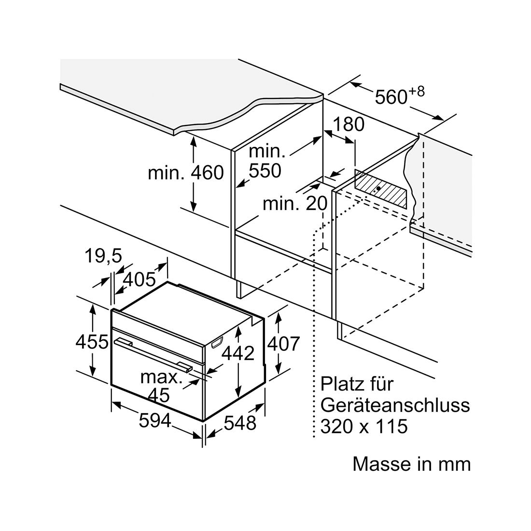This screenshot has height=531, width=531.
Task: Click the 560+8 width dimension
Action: click(x=400, y=96)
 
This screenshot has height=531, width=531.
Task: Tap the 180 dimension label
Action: click(x=349, y=124)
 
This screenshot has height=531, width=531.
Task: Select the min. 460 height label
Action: click(x=186, y=173)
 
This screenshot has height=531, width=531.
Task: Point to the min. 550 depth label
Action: click(x=266, y=161)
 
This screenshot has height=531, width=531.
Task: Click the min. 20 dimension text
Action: click(x=295, y=204)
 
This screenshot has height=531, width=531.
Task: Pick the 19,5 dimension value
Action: click(x=103, y=256)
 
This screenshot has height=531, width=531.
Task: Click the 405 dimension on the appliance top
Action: click(x=139, y=279)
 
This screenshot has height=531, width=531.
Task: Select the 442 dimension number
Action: click(x=238, y=353)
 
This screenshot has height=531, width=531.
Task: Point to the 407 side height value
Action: click(x=284, y=344)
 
